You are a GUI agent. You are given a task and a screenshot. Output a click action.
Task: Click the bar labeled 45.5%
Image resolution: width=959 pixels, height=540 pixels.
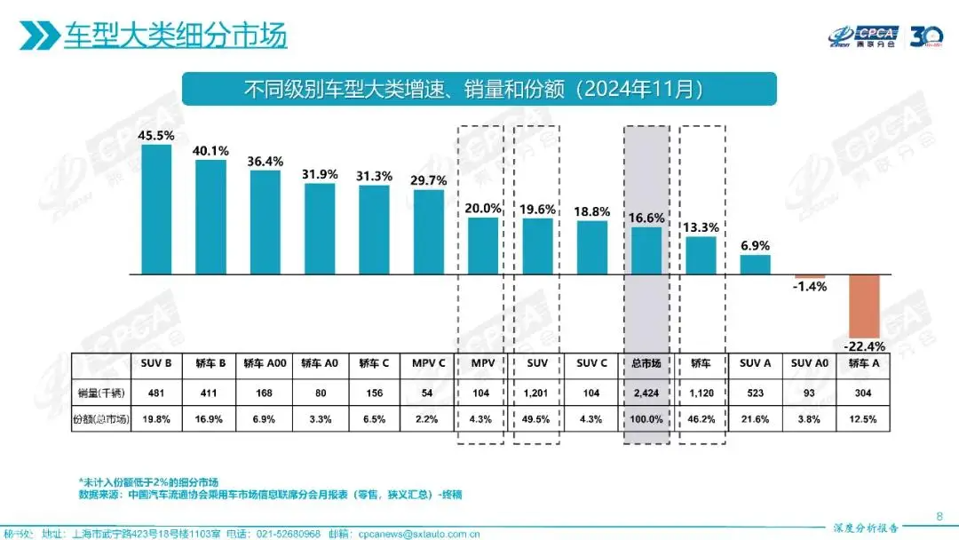156,210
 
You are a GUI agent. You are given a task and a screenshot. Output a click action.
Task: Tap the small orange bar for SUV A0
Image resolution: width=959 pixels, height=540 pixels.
810,277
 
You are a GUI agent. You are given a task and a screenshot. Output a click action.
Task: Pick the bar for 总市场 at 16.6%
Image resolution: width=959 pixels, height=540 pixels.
646,251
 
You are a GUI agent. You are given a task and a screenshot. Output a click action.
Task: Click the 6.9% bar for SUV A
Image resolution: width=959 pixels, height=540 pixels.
756,265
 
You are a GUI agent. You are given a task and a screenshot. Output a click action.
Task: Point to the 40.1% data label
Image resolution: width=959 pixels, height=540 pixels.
210,151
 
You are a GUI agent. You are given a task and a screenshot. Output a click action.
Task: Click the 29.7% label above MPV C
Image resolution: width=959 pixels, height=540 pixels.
429,179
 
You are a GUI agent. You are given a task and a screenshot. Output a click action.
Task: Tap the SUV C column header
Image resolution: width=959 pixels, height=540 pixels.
592,363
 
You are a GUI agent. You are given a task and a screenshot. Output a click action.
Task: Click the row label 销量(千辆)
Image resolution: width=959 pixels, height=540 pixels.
101,392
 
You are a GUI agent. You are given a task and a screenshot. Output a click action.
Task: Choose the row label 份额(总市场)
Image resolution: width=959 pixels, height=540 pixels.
101,419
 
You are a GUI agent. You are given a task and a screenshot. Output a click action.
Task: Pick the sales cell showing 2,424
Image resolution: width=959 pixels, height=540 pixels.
646,392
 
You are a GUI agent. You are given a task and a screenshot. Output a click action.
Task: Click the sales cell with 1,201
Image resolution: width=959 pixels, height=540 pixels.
537,392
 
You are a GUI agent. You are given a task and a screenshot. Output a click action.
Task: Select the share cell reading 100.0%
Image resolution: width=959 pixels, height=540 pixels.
646,419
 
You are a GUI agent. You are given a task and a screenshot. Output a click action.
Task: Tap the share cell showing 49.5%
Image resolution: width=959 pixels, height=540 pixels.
537,419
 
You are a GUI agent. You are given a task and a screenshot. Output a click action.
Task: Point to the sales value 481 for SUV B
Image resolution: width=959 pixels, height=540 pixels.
156,392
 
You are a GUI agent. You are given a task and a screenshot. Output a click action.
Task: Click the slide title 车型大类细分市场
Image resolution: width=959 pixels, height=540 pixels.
176,36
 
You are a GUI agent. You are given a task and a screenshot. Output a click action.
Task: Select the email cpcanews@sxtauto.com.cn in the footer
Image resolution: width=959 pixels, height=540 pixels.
408,534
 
